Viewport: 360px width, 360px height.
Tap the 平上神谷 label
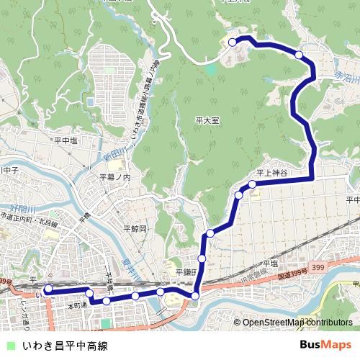coord(271,174)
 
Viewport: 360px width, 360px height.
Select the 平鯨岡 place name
coord(135,228)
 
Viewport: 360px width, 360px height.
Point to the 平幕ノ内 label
coord(115,177)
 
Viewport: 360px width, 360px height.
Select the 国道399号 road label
coord(293,274)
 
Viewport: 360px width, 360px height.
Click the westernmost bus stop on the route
coord(48,289)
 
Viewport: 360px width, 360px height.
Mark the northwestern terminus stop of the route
coord(233,42)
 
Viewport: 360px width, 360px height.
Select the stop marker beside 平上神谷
coord(253,185)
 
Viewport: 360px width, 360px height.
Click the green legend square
coord(9,346)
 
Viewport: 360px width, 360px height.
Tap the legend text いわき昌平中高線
coord(65,346)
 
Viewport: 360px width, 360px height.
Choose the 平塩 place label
coord(270,264)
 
